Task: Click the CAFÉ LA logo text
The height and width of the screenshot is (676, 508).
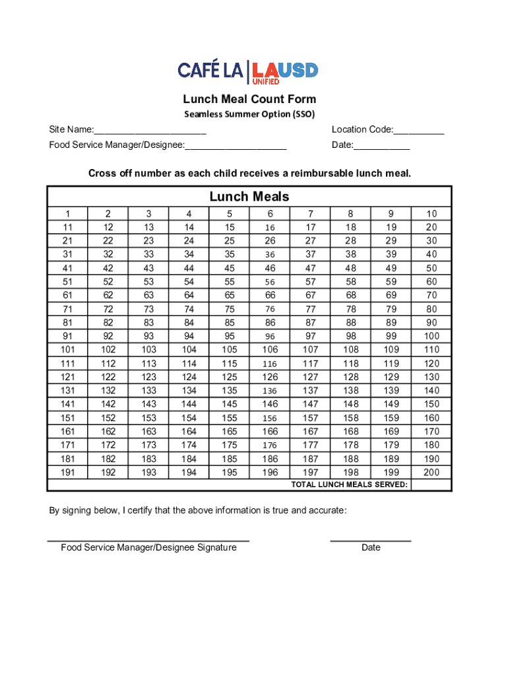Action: coord(211,70)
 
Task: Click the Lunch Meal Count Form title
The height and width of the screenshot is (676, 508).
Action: coord(249,99)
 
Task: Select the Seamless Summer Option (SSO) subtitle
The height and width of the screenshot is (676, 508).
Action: coord(249,114)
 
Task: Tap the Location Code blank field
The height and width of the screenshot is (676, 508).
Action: coord(419,130)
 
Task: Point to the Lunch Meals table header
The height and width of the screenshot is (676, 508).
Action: coord(249,197)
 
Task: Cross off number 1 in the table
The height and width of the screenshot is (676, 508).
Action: coord(67,214)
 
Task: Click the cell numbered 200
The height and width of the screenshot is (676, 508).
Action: coord(431,473)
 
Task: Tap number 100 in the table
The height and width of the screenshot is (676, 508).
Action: coord(431,336)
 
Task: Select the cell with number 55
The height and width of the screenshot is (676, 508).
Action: coord(230,282)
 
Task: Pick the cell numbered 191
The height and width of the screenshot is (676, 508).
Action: coord(67,473)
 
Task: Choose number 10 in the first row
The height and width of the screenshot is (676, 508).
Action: coord(431,214)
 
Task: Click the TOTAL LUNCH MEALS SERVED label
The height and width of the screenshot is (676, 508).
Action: coord(350,485)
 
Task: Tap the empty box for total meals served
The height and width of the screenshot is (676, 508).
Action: coord(431,485)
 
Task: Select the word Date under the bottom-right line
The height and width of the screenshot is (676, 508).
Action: coord(371,548)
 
